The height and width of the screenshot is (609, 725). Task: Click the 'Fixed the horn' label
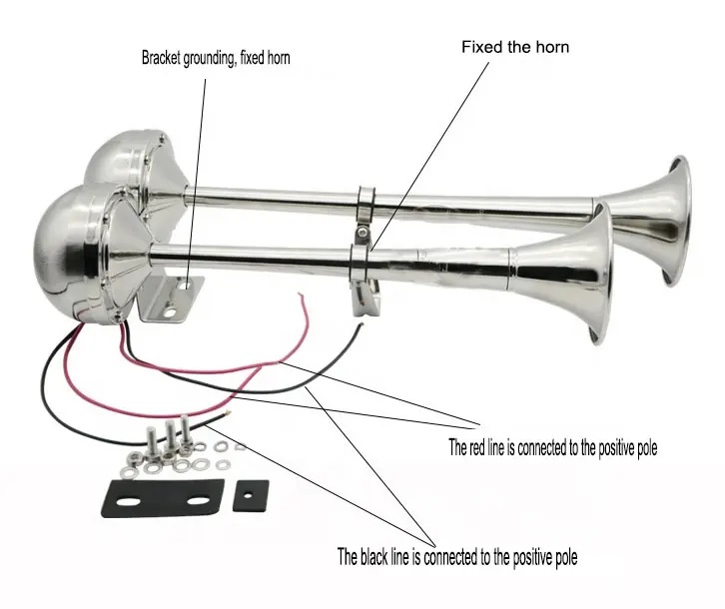[515, 47]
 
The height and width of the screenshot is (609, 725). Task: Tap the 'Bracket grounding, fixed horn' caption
[216, 58]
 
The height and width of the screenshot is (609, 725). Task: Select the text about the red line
[552, 447]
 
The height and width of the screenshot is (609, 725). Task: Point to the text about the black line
[456, 557]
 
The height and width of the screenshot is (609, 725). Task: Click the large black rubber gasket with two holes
[163, 498]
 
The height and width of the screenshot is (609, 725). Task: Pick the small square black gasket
[250, 496]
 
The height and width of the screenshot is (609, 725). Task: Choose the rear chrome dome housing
[134, 162]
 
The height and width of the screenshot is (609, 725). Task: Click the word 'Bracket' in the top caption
[161, 58]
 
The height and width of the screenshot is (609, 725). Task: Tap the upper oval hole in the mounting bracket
[188, 286]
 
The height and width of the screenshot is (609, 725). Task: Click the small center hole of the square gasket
[249, 496]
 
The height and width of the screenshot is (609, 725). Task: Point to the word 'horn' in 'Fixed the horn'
[552, 47]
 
